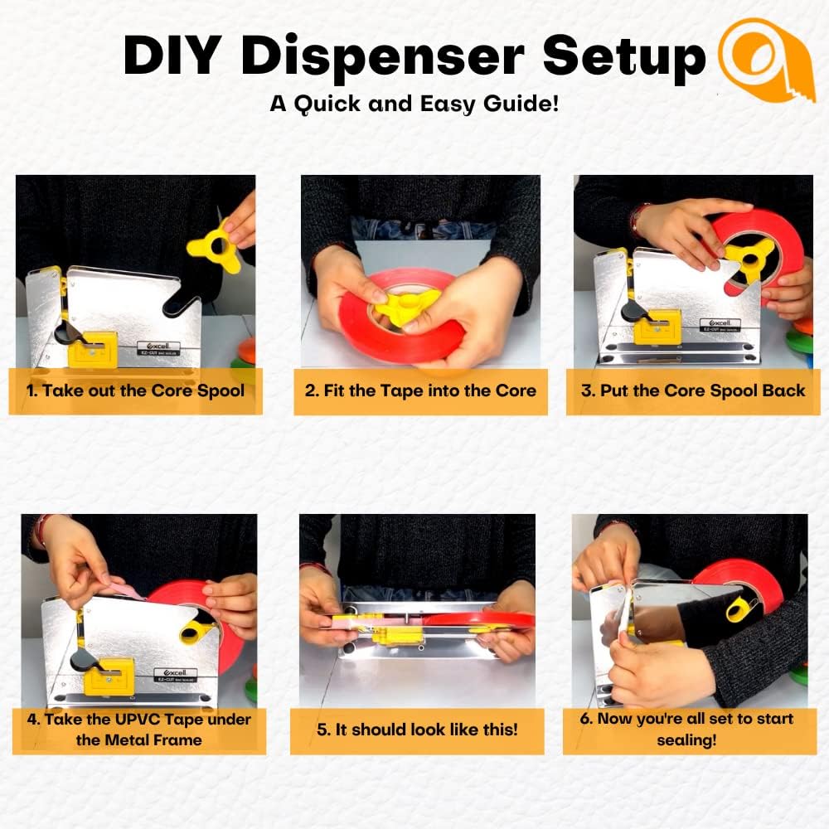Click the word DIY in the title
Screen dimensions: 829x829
coord(172,55)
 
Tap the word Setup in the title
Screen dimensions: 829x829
coord(624,57)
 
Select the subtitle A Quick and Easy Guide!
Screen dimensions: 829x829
coord(414,103)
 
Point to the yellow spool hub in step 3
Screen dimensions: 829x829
coord(746,258)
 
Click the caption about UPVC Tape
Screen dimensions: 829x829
coord(139,730)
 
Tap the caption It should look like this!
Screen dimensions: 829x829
coord(417,730)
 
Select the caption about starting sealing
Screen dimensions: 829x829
coord(686,729)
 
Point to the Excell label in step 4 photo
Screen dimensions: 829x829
coord(175,675)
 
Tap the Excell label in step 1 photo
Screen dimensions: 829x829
coord(158,348)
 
